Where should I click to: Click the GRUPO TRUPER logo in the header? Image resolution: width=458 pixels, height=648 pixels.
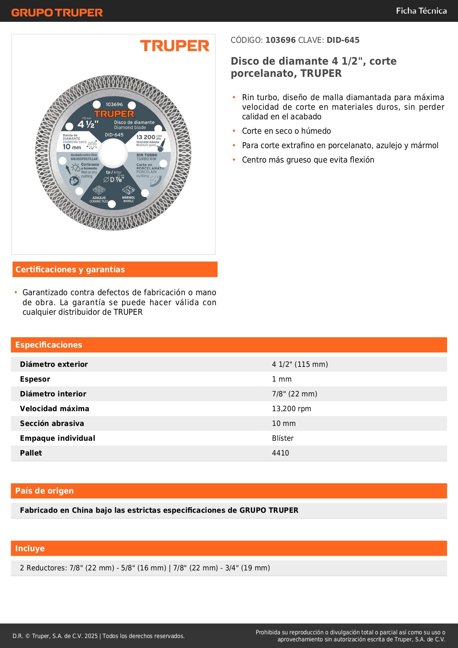[x=57, y=13]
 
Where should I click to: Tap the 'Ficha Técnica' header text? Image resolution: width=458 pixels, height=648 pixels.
[x=421, y=11]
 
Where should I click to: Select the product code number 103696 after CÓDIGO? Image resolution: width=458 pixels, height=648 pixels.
[x=280, y=40]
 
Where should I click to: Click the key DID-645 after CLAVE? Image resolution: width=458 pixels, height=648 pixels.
[x=343, y=40]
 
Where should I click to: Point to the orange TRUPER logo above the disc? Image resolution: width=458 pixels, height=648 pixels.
[x=175, y=46]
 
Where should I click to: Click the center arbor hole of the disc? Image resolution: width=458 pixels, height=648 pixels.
[x=113, y=153]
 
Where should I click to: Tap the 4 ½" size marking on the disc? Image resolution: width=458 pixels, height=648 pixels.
[x=88, y=125]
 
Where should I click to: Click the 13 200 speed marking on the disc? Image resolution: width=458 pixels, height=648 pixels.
[x=146, y=137]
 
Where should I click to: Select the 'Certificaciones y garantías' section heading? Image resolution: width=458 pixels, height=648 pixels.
[x=70, y=269]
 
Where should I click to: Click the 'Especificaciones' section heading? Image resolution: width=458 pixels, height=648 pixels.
[x=49, y=345]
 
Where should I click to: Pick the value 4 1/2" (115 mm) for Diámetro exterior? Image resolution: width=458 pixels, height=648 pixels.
[x=300, y=364]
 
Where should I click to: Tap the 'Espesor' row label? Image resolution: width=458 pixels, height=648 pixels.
[x=35, y=379]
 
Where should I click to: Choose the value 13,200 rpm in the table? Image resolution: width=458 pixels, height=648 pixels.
[x=291, y=409]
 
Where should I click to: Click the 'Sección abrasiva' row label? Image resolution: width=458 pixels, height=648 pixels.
[x=52, y=423]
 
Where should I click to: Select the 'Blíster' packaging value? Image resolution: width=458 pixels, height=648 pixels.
[x=283, y=438]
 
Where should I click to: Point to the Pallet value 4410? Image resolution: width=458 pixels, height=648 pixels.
[x=280, y=453]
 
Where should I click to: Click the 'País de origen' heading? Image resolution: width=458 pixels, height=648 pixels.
[x=44, y=491]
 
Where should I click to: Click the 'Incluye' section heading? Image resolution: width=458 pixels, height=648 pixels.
[x=30, y=548]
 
